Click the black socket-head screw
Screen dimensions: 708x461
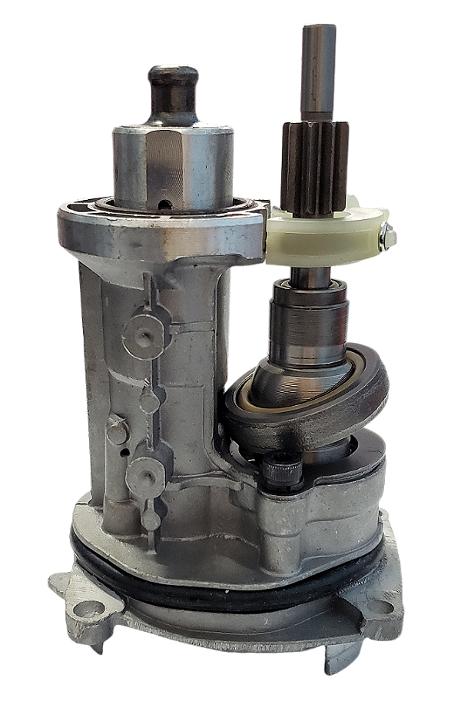[282, 469]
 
